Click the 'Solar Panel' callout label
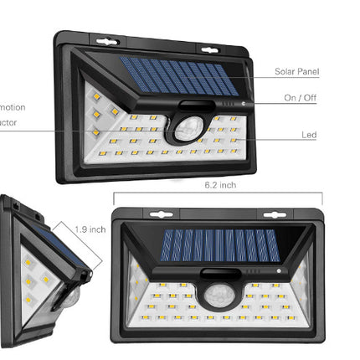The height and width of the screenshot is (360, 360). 296,72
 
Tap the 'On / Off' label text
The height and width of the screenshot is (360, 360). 301,99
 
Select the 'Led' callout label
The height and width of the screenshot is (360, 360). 309,135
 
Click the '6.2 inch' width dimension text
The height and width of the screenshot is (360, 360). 220,185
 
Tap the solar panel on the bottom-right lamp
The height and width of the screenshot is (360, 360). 219,245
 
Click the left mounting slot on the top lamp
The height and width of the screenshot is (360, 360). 106,41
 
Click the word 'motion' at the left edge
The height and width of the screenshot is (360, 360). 13,107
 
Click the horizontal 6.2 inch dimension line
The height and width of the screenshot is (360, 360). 218,194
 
